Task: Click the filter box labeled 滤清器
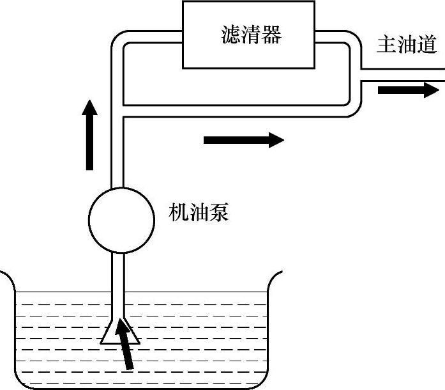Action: [x=249, y=35]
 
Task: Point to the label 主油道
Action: [x=407, y=45]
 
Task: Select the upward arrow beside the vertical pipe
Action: [x=89, y=135]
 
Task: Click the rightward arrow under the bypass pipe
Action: [x=243, y=139]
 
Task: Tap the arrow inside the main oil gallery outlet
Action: [x=404, y=89]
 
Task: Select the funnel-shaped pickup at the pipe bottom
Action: [x=119, y=330]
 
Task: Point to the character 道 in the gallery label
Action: [x=427, y=45]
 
